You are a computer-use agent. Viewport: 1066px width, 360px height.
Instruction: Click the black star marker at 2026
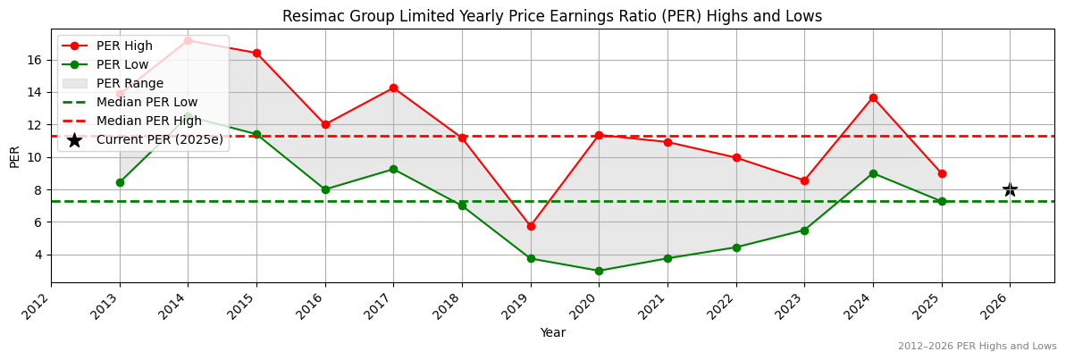click(x=1010, y=189)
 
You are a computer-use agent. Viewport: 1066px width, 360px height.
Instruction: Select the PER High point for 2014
click(x=188, y=40)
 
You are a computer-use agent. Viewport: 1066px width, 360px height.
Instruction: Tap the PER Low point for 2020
click(x=599, y=271)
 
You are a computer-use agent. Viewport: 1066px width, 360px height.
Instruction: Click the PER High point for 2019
click(x=531, y=226)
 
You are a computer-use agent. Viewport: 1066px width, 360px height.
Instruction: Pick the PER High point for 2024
click(x=873, y=97)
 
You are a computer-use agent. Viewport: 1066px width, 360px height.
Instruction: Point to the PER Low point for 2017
click(x=393, y=169)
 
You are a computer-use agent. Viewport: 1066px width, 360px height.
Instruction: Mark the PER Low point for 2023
click(x=804, y=230)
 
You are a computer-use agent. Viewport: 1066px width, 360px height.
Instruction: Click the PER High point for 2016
click(x=325, y=124)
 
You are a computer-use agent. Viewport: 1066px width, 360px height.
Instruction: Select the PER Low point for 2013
click(x=120, y=182)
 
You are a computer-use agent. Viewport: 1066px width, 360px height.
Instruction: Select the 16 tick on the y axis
click(x=34, y=60)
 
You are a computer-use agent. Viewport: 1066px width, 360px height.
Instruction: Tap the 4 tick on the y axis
click(x=38, y=255)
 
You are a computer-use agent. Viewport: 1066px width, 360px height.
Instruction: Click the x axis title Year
click(x=552, y=332)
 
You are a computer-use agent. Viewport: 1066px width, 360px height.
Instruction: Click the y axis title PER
click(x=14, y=156)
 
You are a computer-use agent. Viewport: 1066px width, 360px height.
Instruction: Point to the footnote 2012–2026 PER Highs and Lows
click(x=977, y=346)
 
